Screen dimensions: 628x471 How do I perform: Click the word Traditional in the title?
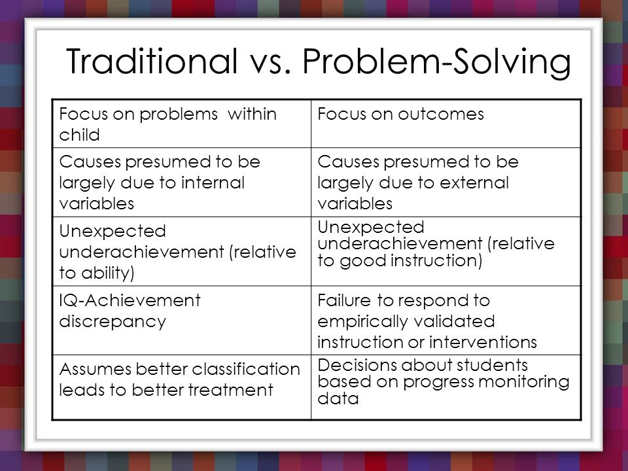(x=152, y=61)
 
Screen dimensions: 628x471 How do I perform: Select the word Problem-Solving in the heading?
(x=436, y=63)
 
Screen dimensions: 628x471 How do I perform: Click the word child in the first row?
(x=79, y=135)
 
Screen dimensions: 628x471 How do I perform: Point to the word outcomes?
(x=441, y=114)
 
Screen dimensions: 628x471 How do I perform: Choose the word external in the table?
(x=474, y=183)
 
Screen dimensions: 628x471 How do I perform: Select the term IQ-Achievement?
(x=130, y=300)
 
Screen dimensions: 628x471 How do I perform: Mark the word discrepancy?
(x=113, y=322)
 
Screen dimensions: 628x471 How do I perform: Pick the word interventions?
(x=483, y=342)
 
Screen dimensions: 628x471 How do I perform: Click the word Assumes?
(x=95, y=369)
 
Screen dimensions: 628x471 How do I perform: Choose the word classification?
(x=240, y=369)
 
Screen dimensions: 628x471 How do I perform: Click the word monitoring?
(x=523, y=382)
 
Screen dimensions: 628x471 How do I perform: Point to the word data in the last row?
(x=338, y=398)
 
